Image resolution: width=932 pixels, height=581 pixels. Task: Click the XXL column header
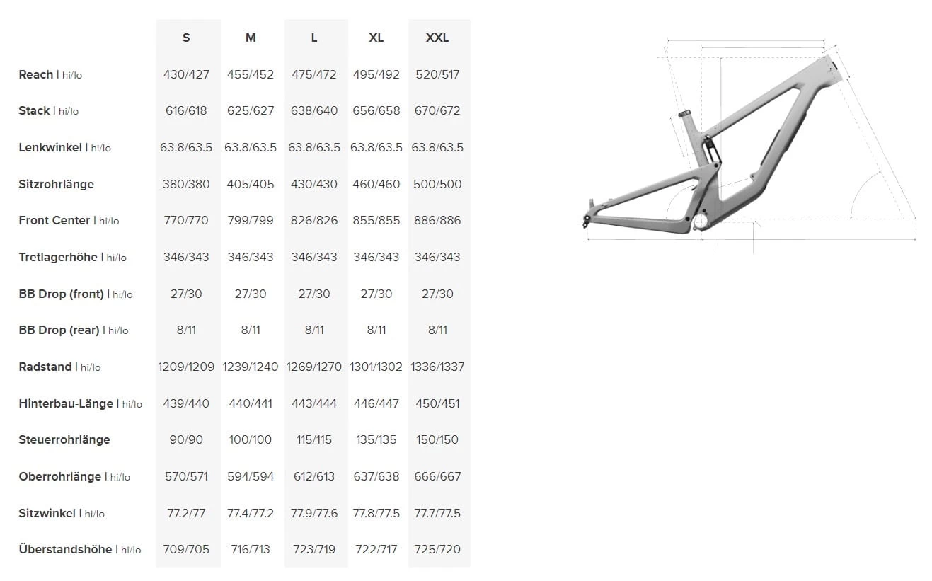click(x=437, y=38)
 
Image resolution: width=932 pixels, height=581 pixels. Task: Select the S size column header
click(x=186, y=38)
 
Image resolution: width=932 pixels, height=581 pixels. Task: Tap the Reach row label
click(x=36, y=74)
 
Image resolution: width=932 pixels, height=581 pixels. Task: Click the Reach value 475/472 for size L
click(x=313, y=74)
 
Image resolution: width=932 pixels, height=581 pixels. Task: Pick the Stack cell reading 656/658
click(x=376, y=110)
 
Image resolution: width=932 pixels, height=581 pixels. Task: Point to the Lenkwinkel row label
click(x=50, y=147)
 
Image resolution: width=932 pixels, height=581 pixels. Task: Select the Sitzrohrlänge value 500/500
click(x=437, y=184)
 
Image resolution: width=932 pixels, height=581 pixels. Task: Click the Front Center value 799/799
click(x=251, y=220)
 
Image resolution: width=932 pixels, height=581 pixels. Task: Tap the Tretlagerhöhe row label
click(x=58, y=257)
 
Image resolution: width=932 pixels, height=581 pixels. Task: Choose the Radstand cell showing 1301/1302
click(x=376, y=367)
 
